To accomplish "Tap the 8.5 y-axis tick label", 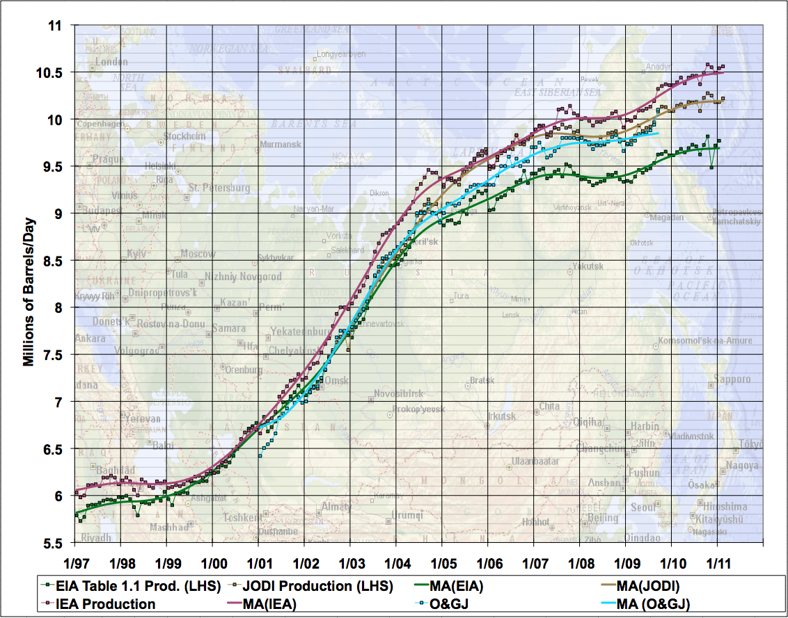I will pos(53,261).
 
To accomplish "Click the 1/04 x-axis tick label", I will pos(395,562).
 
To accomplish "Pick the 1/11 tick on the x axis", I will pos(717,562).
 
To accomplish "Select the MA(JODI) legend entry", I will pos(648,587).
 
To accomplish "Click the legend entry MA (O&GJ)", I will pos(654,604).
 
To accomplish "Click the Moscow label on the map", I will pos(198,254).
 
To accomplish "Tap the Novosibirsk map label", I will pos(398,393).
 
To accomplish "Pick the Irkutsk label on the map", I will pos(501,416).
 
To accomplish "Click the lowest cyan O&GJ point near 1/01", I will pos(260,455).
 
